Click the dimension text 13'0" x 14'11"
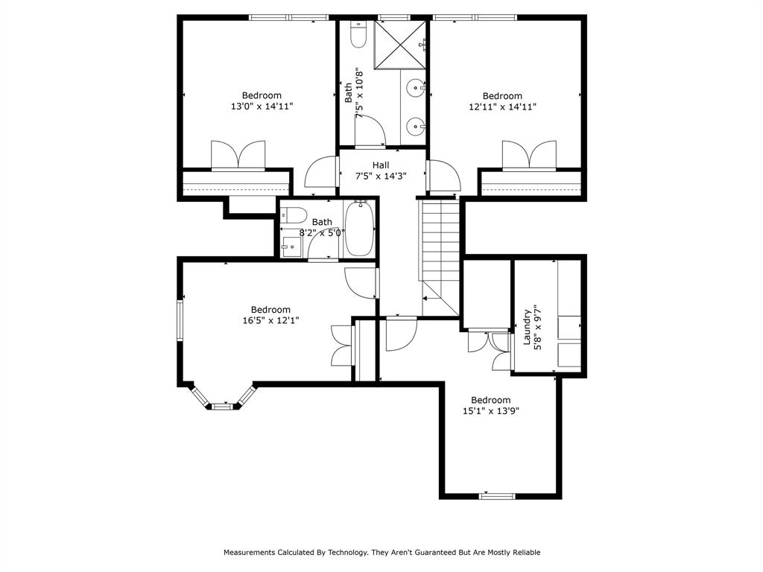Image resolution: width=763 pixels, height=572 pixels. point(262,107)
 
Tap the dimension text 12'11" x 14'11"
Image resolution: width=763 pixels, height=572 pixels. point(502,107)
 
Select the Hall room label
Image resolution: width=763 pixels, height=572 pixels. point(381,165)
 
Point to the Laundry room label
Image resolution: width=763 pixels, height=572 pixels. point(527,327)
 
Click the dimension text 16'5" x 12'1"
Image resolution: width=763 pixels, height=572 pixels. point(270,320)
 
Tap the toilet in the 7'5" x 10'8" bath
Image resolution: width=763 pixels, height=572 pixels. point(358,35)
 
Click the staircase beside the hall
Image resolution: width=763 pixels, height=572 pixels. point(440,253)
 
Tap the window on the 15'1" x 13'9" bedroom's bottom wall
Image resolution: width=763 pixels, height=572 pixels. point(497,495)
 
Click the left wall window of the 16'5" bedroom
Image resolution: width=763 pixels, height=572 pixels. point(180,320)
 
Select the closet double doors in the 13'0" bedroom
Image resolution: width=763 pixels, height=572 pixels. point(238,155)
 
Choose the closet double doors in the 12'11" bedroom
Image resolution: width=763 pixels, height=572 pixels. point(528,155)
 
